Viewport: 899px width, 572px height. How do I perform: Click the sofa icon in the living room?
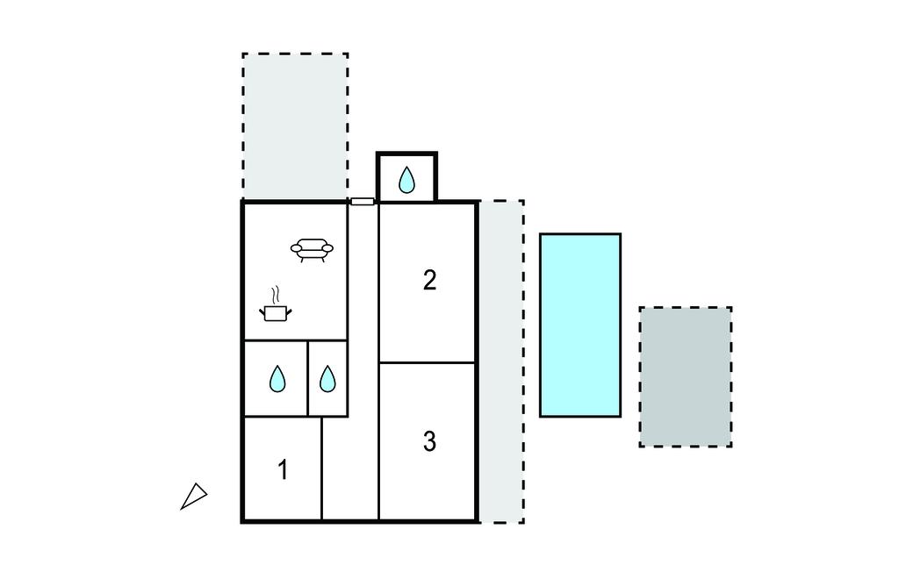coord(312,250)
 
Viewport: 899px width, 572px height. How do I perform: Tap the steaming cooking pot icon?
coord(276,312)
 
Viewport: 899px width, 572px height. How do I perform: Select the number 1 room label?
coord(283,469)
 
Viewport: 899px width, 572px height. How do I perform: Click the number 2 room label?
coord(429,280)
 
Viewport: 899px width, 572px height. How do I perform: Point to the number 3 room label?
coord(429,441)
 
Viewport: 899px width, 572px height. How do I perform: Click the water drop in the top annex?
coord(406,180)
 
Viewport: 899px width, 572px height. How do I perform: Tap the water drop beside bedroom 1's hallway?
coord(327,379)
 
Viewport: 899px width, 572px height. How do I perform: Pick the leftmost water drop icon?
coord(277,379)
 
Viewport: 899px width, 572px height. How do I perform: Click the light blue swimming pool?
coord(580,325)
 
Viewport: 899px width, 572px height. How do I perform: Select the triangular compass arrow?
coord(194,497)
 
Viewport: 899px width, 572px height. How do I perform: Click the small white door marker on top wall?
coord(363,201)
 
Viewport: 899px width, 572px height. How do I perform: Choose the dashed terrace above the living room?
coord(295,126)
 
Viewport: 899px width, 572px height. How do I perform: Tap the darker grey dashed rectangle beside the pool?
coord(686,376)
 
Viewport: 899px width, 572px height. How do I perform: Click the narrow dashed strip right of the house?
coord(501,361)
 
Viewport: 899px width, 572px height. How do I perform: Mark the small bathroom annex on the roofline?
coord(406,177)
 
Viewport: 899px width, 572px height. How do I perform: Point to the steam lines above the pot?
coord(277,295)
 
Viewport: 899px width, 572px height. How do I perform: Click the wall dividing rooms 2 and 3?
coord(428,363)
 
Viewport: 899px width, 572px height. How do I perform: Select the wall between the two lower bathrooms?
coord(308,378)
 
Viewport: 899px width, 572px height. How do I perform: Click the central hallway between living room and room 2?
coord(363,361)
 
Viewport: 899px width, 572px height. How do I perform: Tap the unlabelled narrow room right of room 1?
coord(349,468)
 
